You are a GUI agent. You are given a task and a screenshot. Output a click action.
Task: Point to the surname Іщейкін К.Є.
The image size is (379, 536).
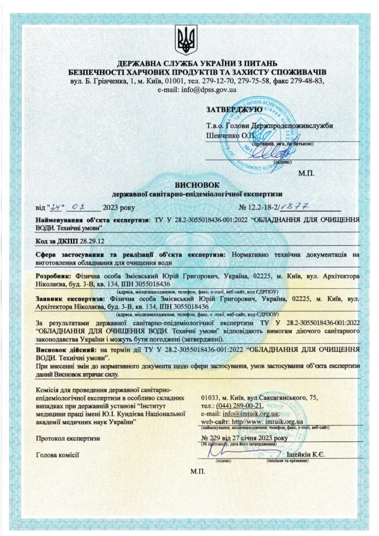click(306, 454)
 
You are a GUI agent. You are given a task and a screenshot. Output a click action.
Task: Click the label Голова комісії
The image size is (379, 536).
click(57, 454)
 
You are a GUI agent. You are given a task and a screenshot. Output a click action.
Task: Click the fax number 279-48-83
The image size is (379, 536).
click(305, 81)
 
